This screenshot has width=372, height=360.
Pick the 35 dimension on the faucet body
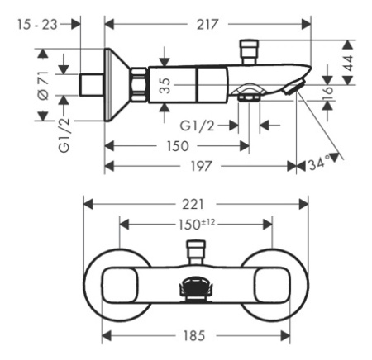point(165,85)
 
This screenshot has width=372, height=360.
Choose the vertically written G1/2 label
point(64,135)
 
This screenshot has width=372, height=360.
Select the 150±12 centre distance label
point(195,223)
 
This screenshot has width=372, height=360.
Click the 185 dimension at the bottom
point(195,336)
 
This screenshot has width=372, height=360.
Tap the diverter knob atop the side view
point(250,47)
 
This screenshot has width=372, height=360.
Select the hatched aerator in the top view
point(195,288)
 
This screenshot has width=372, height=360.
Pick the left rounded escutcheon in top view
point(118,285)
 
